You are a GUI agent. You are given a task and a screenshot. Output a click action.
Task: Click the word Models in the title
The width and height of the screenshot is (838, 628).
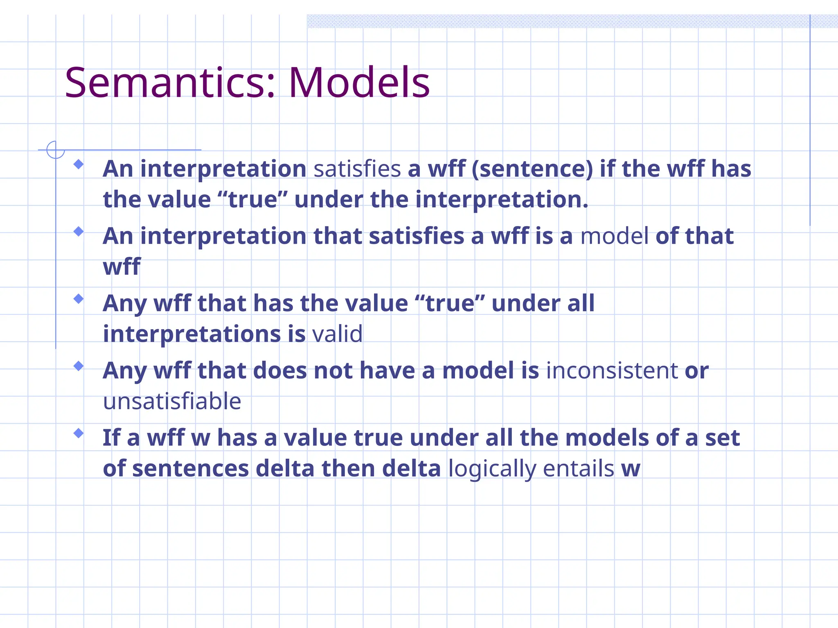point(359,83)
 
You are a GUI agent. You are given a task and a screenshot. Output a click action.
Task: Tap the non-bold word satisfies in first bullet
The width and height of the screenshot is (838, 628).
point(357,169)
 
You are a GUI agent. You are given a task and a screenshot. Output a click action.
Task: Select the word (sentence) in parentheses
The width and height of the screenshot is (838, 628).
point(532,169)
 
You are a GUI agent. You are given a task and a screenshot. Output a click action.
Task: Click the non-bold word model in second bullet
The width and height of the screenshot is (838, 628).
point(614,236)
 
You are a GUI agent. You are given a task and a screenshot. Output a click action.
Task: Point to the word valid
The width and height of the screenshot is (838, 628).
point(337,334)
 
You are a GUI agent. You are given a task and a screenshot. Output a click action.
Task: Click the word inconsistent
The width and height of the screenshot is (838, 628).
point(612,371)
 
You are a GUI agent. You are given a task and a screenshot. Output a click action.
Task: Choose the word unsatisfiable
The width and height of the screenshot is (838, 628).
point(172,401)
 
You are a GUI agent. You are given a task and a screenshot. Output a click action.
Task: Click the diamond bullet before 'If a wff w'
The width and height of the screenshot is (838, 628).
point(79,433)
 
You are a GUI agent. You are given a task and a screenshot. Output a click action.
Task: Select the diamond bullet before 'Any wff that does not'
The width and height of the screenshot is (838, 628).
point(79,366)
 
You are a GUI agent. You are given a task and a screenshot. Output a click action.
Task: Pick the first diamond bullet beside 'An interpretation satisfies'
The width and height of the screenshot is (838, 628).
point(79,164)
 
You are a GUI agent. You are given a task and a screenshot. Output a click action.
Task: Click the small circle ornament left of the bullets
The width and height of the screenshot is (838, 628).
point(55,150)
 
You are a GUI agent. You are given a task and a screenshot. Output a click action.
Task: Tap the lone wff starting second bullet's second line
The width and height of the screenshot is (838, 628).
point(122,267)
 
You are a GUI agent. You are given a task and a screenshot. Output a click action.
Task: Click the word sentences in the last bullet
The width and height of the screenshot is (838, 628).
point(190,469)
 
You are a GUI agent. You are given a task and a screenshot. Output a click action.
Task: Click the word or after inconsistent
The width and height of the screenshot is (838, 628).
point(696,371)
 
